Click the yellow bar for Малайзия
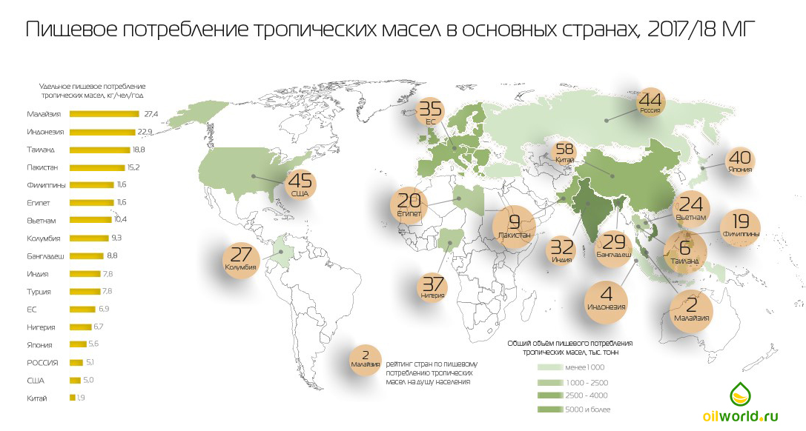pyautogui.click(x=104, y=114)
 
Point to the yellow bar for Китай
pyautogui.click(x=72, y=398)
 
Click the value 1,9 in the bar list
pyautogui.click(x=82, y=398)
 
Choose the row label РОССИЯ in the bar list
pyautogui.click(x=42, y=363)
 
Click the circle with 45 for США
pyautogui.click(x=300, y=184)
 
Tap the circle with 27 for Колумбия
pyautogui.click(x=242, y=258)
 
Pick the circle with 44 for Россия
pyautogui.click(x=650, y=103)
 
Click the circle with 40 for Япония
pyautogui.click(x=739, y=161)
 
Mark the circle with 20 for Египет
pyautogui.click(x=409, y=204)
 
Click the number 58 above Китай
pyautogui.click(x=564, y=149)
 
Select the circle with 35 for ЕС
pyautogui.click(x=431, y=113)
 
